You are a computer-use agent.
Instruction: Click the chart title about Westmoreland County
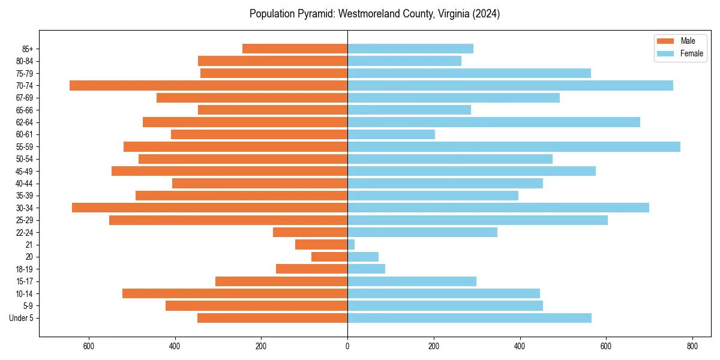374,14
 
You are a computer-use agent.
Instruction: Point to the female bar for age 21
351,245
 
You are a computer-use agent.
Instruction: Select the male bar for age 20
329,257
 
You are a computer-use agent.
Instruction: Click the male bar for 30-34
209,208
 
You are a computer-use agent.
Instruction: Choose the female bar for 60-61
391,134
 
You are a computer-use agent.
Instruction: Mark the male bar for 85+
295,49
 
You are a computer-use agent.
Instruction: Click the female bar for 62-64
494,122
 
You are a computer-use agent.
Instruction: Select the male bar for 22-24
310,232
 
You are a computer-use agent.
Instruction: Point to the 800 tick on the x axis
692,346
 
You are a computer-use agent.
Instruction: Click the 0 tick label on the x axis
347,346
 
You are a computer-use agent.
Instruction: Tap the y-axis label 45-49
25,172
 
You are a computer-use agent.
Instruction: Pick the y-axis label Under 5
22,318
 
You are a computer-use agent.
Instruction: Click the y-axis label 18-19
25,269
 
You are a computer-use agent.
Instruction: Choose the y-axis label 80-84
25,61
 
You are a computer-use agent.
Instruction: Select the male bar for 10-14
235,293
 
